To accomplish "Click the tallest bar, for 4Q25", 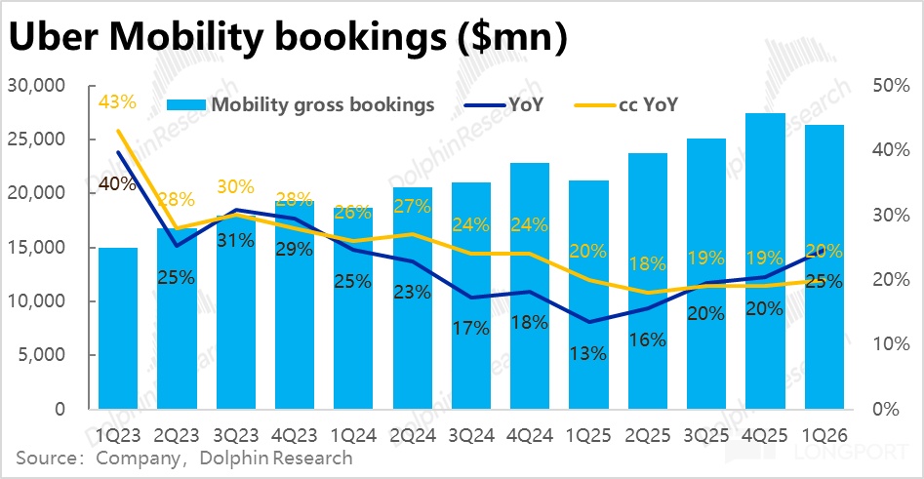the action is pyautogui.click(x=765, y=261).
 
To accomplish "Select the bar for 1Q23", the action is pyautogui.click(x=118, y=328).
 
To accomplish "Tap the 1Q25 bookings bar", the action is pyautogui.click(x=588, y=295).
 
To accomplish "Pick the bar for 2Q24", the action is pyautogui.click(x=413, y=299).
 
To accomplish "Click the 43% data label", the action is pyautogui.click(x=117, y=101).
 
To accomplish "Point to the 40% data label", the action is pyautogui.click(x=117, y=183).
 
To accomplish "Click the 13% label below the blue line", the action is pyautogui.click(x=588, y=353).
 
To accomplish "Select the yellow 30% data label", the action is pyautogui.click(x=235, y=186).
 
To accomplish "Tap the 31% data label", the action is pyautogui.click(x=235, y=240).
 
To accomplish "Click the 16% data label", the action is pyautogui.click(x=647, y=339).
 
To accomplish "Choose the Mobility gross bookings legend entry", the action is pyautogui.click(x=301, y=105).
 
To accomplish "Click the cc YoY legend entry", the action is pyautogui.click(x=625, y=105).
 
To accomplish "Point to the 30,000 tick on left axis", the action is pyautogui.click(x=36, y=86).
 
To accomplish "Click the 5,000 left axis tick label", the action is pyautogui.click(x=41, y=355).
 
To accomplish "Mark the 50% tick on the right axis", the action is pyautogui.click(x=891, y=86).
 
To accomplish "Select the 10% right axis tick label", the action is pyautogui.click(x=891, y=344).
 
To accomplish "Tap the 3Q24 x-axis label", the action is pyautogui.click(x=471, y=436).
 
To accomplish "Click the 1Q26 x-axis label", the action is pyautogui.click(x=824, y=436).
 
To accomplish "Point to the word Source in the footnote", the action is pyautogui.click(x=44, y=459).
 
